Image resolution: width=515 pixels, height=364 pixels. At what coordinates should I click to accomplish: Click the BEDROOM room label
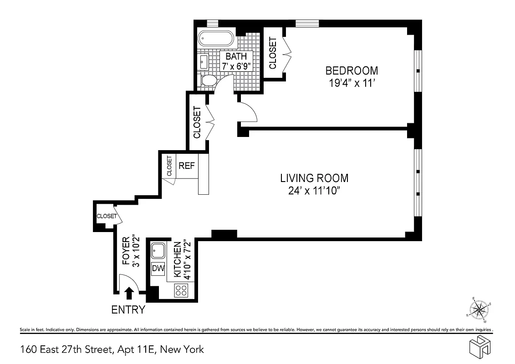351,71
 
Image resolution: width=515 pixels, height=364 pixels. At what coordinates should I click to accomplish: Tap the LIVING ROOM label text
314,178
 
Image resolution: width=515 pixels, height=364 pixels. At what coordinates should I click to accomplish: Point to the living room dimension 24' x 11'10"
314,191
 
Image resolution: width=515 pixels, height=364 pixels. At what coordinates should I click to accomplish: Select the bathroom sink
204,61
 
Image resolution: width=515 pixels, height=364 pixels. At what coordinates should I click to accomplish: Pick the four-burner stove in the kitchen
182,290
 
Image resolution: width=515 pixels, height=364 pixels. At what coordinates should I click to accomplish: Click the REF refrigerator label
187,166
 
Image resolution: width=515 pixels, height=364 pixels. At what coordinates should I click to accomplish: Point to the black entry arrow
129,293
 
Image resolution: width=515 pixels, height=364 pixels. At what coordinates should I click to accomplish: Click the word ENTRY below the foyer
128,310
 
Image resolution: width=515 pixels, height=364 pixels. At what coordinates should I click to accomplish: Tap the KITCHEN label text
177,259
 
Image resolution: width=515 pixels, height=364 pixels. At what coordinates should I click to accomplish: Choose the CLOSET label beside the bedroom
273,53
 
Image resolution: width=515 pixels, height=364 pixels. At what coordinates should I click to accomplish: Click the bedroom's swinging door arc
249,112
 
